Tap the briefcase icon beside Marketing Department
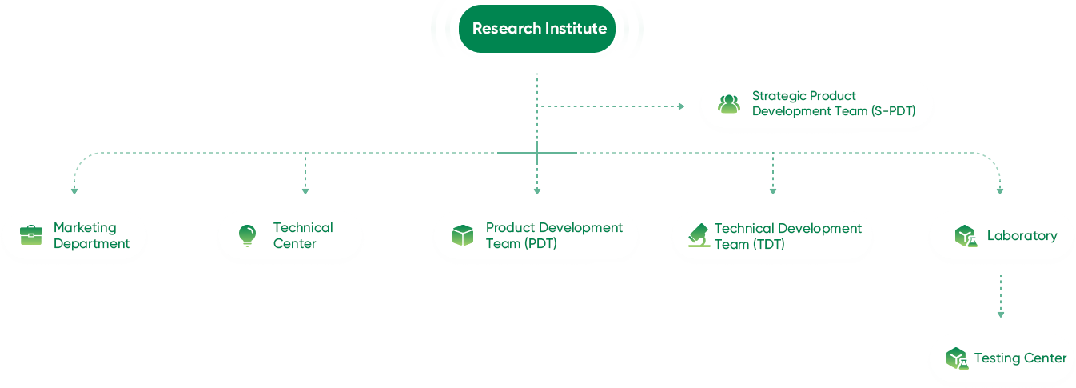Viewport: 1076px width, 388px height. click(31, 235)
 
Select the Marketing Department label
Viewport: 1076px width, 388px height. click(91, 235)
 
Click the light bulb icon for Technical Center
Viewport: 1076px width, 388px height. click(247, 235)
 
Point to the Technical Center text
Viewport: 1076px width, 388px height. click(303, 235)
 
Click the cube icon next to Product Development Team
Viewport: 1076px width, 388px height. click(463, 235)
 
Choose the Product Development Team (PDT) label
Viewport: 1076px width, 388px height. click(554, 235)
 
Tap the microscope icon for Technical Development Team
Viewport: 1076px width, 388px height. click(699, 235)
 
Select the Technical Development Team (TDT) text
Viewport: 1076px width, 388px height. click(787, 236)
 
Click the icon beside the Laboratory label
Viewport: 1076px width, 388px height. click(966, 236)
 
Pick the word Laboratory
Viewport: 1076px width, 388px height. click(1022, 235)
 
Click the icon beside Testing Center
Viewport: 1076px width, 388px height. click(957, 358)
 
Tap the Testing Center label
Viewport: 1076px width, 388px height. click(1020, 358)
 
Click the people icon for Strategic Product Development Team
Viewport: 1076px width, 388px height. click(728, 104)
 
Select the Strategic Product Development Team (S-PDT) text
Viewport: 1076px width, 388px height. click(833, 104)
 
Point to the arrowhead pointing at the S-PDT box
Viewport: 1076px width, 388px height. click(681, 106)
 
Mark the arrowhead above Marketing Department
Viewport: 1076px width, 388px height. click(74, 191)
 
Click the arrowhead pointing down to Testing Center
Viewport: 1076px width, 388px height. click(1000, 314)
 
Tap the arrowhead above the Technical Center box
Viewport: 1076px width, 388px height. click(305, 191)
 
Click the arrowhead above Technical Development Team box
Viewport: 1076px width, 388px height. click(772, 191)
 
